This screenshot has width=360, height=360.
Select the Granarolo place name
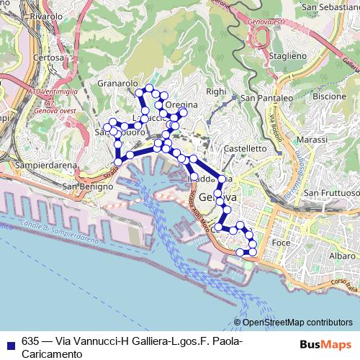tap(117, 84)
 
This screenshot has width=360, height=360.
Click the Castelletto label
tap(246, 148)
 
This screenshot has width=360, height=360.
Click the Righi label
tap(216, 91)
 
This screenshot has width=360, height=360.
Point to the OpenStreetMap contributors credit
tap(296, 322)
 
